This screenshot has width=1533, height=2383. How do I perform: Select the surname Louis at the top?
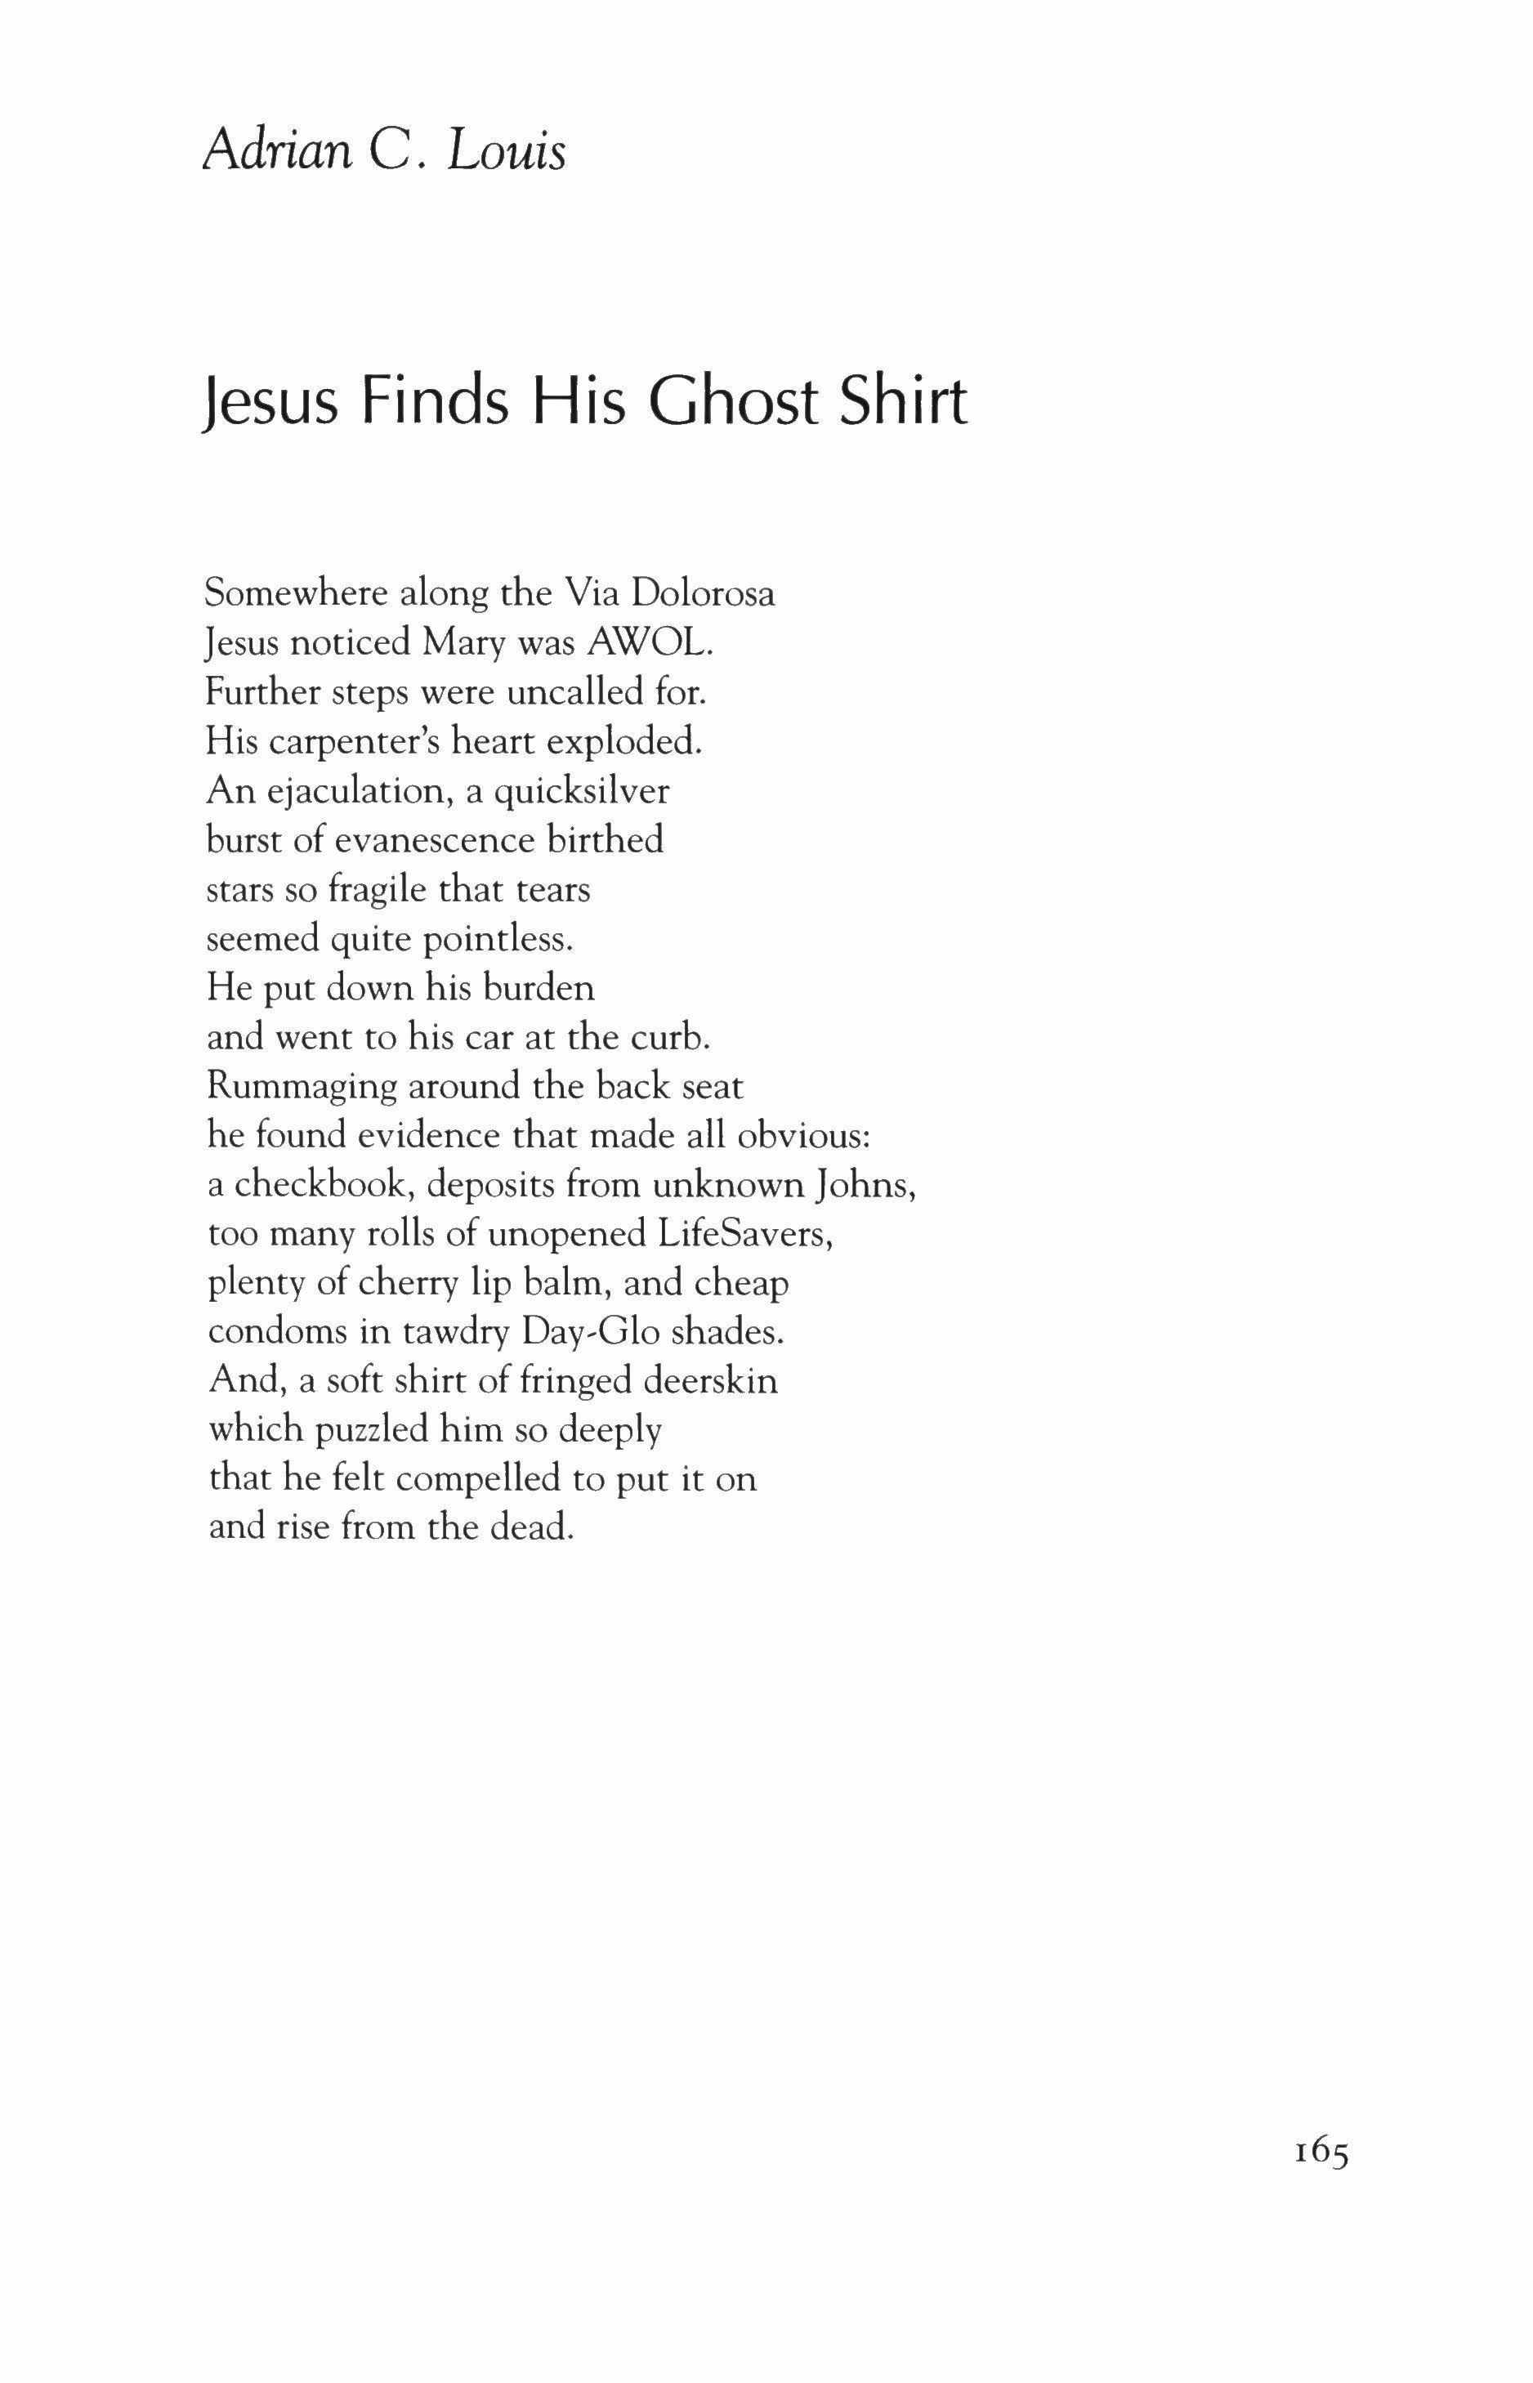pyautogui.click(x=507, y=150)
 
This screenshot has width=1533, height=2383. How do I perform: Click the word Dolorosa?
pyautogui.click(x=703, y=593)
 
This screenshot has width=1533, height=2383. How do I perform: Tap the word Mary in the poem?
pyautogui.click(x=459, y=643)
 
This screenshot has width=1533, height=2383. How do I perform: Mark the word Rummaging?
pyautogui.click(x=302, y=1087)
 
